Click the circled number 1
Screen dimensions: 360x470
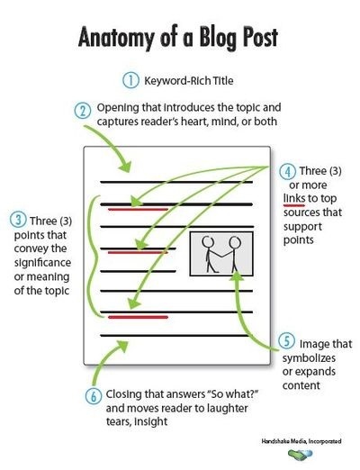click(x=130, y=80)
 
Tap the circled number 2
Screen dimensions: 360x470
click(x=83, y=111)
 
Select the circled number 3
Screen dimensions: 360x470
click(x=18, y=220)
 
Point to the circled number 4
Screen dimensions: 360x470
click(x=288, y=171)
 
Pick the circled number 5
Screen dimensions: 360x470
click(x=287, y=342)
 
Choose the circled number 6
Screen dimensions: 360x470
click(x=94, y=396)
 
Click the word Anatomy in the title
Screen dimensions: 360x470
click(x=117, y=38)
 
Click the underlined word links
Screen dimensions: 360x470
click(x=294, y=198)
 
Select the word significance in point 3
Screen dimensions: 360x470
click(x=42, y=263)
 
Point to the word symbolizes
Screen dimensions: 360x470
click(x=309, y=358)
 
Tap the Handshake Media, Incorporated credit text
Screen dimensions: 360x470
click(x=301, y=441)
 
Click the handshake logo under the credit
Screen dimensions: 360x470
click(x=300, y=455)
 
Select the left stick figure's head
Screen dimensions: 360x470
click(x=208, y=241)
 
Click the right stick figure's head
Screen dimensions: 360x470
click(x=235, y=241)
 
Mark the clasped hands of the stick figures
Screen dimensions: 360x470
click(x=221, y=256)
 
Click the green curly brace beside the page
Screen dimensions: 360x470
click(x=92, y=257)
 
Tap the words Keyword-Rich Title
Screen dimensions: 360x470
click(x=189, y=81)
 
